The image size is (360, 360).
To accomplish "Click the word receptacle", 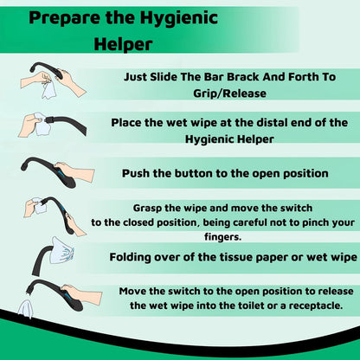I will coord(317,304).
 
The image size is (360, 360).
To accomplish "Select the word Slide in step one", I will coord(180,75).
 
